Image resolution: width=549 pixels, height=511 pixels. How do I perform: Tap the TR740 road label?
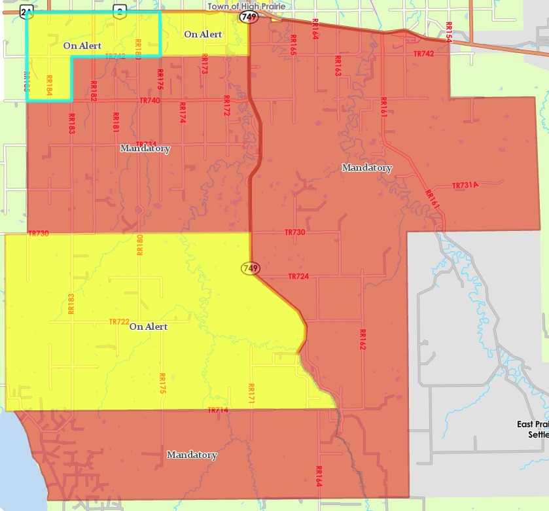pyautogui.click(x=150, y=101)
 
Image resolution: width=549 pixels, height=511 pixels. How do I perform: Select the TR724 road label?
pyautogui.click(x=298, y=277)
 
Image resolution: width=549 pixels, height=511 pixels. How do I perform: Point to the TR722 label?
pyautogui.click(x=119, y=322)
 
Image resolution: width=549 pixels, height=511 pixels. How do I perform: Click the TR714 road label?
pyautogui.click(x=218, y=410)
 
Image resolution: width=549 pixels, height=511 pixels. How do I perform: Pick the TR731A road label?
pyautogui.click(x=465, y=185)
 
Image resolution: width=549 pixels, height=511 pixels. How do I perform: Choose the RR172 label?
pyautogui.click(x=226, y=106)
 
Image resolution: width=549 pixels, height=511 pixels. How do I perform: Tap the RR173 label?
pyautogui.click(x=204, y=63)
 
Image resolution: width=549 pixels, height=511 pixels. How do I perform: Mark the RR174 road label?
pyautogui.click(x=182, y=113)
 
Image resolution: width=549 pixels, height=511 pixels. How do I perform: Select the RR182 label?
pyautogui.click(x=94, y=91)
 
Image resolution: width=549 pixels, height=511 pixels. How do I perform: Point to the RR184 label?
pyautogui.click(x=49, y=86)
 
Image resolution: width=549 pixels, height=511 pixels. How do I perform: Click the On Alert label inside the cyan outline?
pyautogui.click(x=82, y=46)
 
